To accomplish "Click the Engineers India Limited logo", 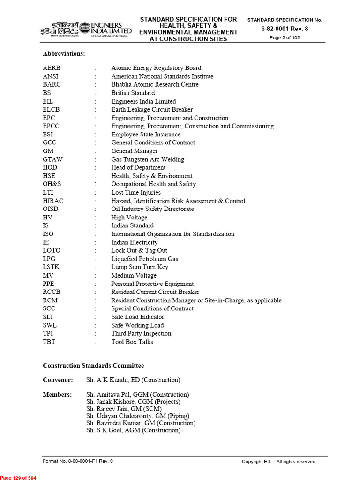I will click(x=85, y=28).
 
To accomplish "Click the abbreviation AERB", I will click(x=52, y=68).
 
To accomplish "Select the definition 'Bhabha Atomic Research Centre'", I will click(x=155, y=85).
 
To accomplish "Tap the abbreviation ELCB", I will click(x=51, y=110).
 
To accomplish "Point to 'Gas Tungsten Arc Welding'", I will click(x=148, y=159).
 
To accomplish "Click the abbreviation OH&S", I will click(x=52, y=184).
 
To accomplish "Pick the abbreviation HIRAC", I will click(x=53, y=201).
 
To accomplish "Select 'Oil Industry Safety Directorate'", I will click(x=152, y=209).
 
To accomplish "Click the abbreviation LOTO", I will click(x=52, y=251).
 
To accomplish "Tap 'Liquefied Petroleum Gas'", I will click(x=144, y=259).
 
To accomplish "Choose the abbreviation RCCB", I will click(x=52, y=292).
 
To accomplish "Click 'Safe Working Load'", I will click(x=137, y=325).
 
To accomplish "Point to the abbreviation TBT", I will click(x=49, y=342).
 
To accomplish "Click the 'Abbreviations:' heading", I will click(x=64, y=54).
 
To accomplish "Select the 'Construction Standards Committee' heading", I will click(x=93, y=366).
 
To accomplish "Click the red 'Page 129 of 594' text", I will click(x=18, y=477).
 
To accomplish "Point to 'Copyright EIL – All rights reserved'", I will click(x=278, y=461).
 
